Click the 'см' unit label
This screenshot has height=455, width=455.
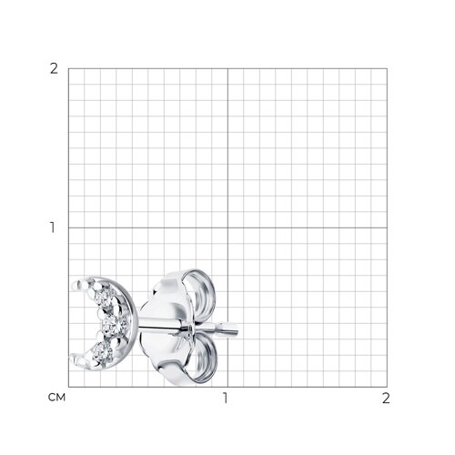point(56,398)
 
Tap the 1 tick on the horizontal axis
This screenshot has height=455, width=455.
point(225,398)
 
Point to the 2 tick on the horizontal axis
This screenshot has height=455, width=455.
point(386,398)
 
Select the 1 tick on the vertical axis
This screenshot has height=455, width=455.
point(53,227)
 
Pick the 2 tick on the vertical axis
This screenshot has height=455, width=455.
point(54,69)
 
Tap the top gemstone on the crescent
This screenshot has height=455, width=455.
point(104,298)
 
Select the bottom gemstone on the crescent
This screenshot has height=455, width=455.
point(100,354)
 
